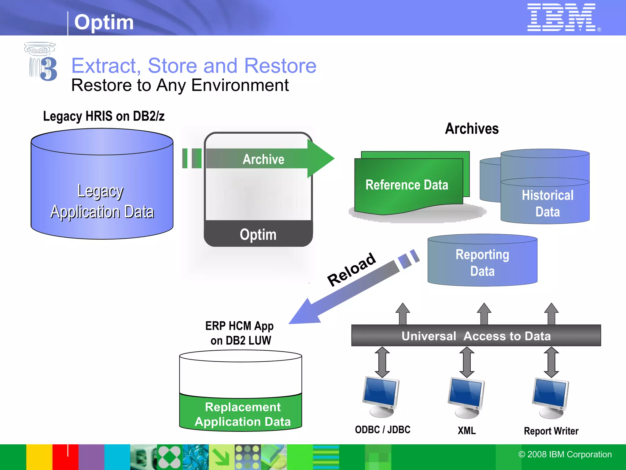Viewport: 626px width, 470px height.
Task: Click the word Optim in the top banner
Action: pos(104,22)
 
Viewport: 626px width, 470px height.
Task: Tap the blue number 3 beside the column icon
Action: pos(49,69)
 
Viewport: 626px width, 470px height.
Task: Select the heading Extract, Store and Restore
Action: pos(194,66)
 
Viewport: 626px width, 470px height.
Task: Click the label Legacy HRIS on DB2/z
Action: pos(104,116)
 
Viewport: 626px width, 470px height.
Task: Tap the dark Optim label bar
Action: pos(258,234)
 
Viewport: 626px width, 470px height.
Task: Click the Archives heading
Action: pos(472,129)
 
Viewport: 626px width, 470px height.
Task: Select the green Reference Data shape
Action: pos(407,185)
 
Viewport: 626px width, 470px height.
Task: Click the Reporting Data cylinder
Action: pos(482,263)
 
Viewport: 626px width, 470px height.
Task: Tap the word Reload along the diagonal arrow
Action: pos(351,269)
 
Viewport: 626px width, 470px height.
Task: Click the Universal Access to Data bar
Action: pos(476,336)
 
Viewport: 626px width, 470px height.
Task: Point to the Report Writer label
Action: pos(551,431)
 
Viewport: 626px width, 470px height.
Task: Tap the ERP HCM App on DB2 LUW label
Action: pos(240,333)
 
